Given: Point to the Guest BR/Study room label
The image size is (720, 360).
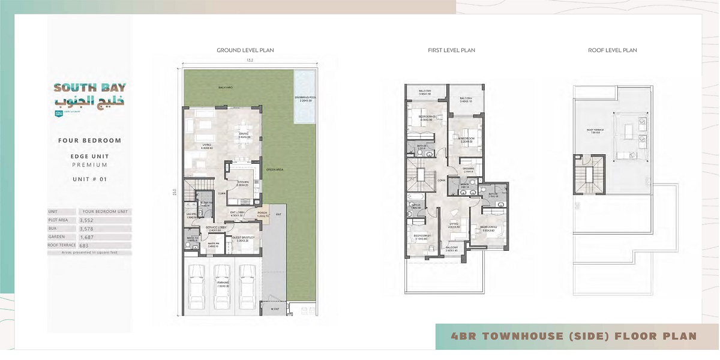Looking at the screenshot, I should point(242,241).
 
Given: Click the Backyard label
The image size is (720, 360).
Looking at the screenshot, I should point(209,88).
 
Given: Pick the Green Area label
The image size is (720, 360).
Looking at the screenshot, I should point(275,169).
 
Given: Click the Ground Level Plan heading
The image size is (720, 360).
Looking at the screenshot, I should point(245,50).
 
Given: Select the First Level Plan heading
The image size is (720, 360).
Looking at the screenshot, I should point(451,50).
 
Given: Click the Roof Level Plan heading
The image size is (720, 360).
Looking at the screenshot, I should point(612,50).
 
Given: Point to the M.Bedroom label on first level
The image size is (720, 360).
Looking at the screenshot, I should point(467,139).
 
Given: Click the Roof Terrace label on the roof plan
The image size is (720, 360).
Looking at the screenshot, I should point(595,130).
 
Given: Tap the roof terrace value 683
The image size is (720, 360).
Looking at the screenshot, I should point(83,245).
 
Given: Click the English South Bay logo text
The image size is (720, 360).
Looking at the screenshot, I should point(90,88).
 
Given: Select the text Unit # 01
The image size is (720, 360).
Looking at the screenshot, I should point(89,179).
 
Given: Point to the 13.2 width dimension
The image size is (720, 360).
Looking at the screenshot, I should point(249,61).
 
